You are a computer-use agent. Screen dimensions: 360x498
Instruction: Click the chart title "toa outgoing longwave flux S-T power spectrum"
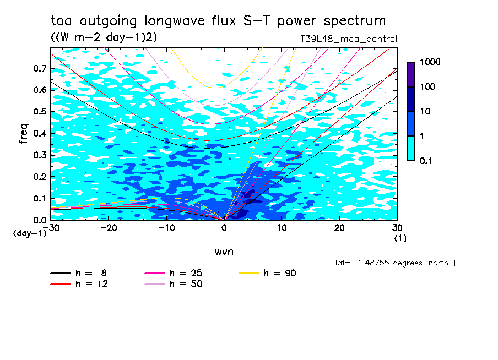218,21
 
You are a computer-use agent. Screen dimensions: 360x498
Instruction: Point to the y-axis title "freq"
24,134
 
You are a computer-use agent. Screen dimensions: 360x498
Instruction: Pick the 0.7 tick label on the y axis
40,68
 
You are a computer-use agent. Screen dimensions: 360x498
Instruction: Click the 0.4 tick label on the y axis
40,133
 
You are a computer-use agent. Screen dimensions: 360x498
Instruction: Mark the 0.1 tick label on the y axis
40,198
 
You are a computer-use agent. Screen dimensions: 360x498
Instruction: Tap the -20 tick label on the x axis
109,228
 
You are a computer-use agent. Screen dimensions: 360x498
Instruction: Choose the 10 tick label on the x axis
282,228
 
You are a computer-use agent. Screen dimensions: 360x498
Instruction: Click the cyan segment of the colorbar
411,148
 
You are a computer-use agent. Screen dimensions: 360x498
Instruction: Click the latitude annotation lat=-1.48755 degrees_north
391,263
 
